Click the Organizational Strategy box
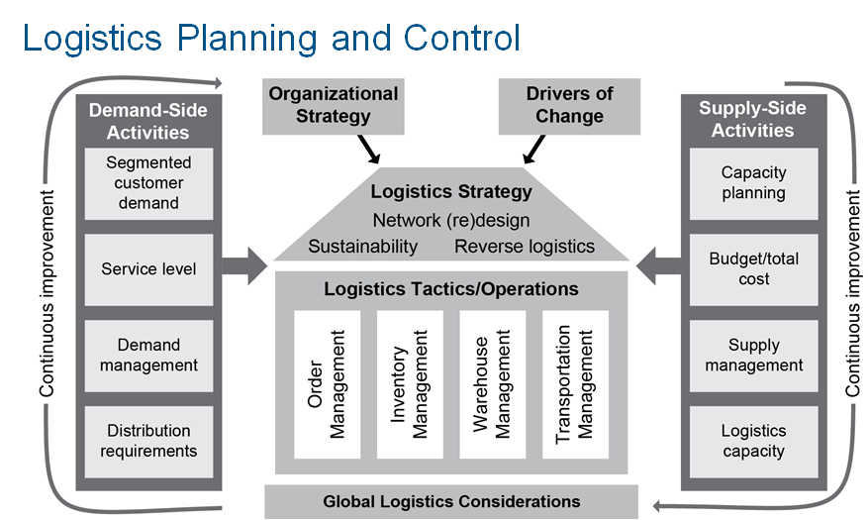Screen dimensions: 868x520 (x=334, y=106)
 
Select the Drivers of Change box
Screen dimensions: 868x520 (x=570, y=106)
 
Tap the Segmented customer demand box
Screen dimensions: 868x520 (x=148, y=183)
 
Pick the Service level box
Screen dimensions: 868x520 (x=148, y=269)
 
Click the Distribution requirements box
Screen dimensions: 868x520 (x=148, y=442)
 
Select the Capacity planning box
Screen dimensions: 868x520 (x=753, y=183)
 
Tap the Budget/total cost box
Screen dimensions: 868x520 (x=753, y=269)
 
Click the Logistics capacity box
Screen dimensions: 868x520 (x=753, y=442)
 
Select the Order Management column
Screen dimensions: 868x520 (x=328, y=384)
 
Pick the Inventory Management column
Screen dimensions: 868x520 (x=410, y=384)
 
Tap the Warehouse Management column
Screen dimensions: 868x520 (x=493, y=384)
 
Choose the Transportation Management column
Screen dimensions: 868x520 (x=575, y=384)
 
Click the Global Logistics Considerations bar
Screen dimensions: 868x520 (x=451, y=502)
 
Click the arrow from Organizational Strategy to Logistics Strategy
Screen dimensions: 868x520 (x=369, y=150)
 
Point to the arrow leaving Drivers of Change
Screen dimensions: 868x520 (x=533, y=150)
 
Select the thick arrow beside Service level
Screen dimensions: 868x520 (x=244, y=266)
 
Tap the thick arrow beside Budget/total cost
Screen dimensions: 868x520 (x=659, y=266)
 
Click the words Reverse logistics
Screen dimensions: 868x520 (x=525, y=247)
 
